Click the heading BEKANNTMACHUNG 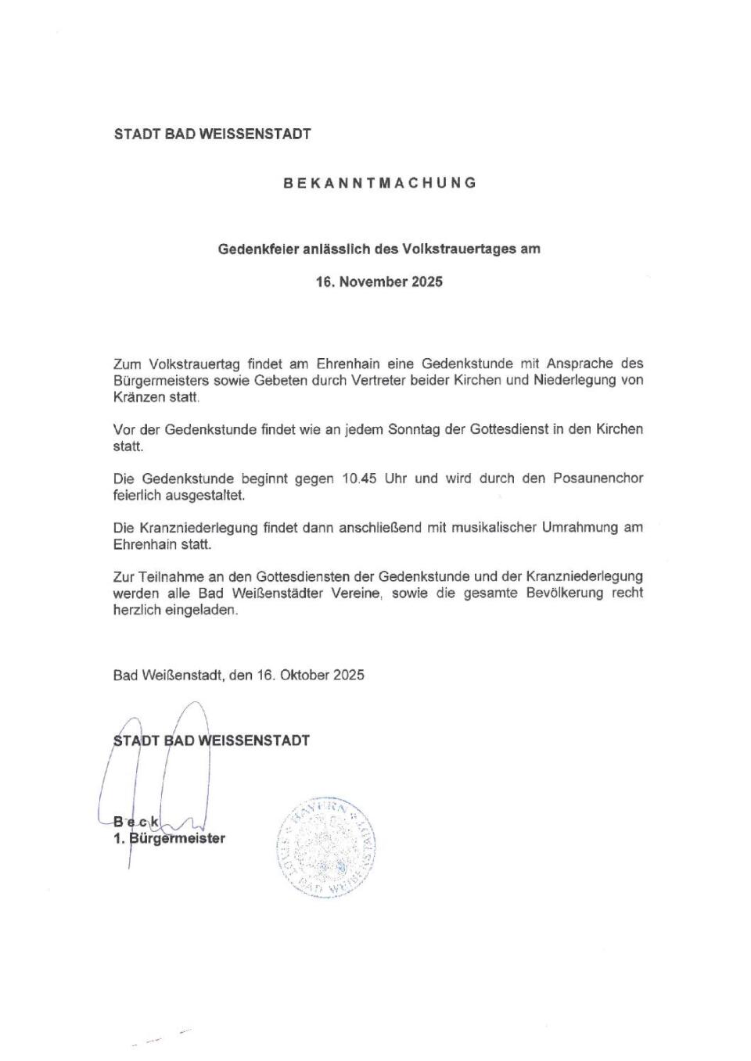click(x=379, y=183)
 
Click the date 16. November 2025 click(x=379, y=282)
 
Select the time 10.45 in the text click(x=359, y=479)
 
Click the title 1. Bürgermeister click(x=169, y=839)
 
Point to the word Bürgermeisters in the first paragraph click(x=160, y=381)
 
